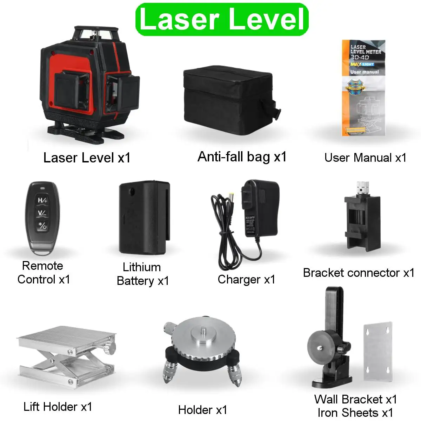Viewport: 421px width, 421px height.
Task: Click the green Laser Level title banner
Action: [x=222, y=19]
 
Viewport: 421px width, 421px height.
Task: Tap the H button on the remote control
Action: [x=42, y=200]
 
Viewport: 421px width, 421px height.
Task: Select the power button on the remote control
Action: [x=42, y=225]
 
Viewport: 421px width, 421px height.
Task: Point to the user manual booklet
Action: [x=363, y=88]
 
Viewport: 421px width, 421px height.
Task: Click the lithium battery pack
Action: [x=144, y=218]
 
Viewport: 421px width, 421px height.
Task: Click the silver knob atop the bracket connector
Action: [x=363, y=188]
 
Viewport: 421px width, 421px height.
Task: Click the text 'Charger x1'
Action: [x=246, y=279]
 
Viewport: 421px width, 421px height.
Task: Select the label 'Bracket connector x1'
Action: [x=359, y=273]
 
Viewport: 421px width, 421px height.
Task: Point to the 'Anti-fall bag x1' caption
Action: [x=242, y=156]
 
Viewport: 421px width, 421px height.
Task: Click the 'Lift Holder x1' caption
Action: [x=58, y=407]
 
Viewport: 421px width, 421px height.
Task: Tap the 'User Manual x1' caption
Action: [x=365, y=158]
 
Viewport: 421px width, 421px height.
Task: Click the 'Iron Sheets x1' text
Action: [x=355, y=413]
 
